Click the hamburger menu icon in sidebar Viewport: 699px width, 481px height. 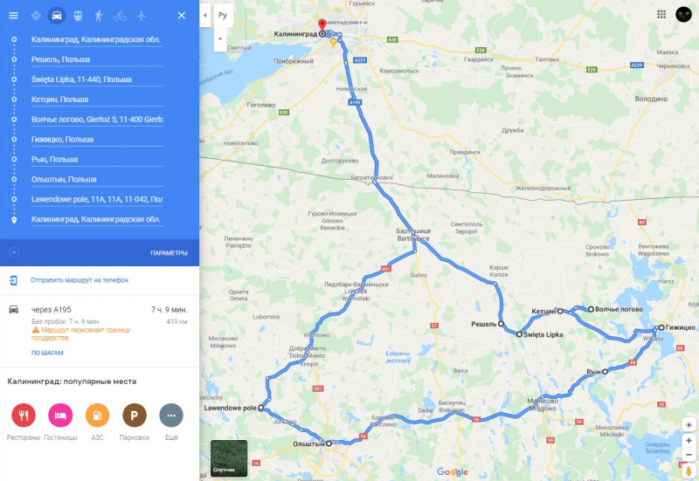(x=14, y=16)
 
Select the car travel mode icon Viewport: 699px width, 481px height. (x=57, y=16)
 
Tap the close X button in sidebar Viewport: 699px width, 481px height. (x=181, y=16)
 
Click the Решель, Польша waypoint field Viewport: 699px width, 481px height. (x=96, y=59)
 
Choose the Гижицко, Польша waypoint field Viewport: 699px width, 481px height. (x=96, y=140)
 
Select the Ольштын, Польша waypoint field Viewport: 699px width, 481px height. (x=96, y=179)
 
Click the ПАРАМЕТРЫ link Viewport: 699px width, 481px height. (x=169, y=253)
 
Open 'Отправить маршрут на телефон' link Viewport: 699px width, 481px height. (x=80, y=280)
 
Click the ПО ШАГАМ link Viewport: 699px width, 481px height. (x=47, y=353)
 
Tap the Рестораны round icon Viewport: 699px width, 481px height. (x=24, y=415)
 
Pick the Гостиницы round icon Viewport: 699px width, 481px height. (x=60, y=415)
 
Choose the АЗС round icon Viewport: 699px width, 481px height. (x=97, y=415)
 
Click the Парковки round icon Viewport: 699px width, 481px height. (x=134, y=415)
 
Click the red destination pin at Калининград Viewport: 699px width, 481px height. (x=322, y=25)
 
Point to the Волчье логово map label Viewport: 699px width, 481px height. (x=620, y=309)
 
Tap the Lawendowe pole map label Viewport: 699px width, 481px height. (x=230, y=409)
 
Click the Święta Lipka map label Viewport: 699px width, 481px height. (x=543, y=334)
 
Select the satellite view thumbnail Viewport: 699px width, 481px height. (x=229, y=458)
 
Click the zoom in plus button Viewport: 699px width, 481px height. (x=689, y=441)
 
